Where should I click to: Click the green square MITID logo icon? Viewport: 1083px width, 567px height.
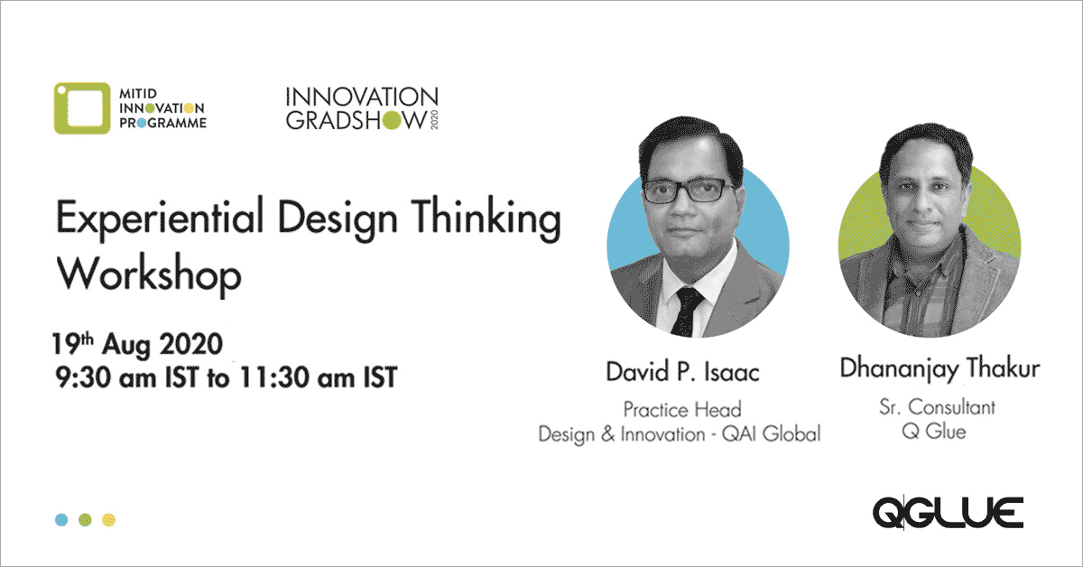(x=82, y=107)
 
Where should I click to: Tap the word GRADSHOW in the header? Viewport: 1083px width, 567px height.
(x=356, y=120)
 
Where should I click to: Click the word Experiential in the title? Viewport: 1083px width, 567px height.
(x=160, y=218)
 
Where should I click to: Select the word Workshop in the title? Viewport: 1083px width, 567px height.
(x=149, y=274)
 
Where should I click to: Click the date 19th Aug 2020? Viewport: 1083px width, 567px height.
(x=138, y=343)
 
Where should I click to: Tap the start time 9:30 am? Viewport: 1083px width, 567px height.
(x=106, y=376)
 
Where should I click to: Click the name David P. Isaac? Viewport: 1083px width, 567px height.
(x=682, y=372)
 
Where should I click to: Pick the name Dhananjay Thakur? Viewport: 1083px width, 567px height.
(x=940, y=368)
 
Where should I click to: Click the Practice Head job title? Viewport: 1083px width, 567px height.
(x=682, y=410)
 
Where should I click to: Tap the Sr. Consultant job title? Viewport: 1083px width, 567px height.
(x=937, y=407)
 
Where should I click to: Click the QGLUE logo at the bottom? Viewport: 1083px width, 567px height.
(x=948, y=512)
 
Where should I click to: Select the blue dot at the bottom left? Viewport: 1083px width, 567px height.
(x=61, y=519)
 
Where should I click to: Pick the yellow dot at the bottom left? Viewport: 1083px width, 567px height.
(x=109, y=519)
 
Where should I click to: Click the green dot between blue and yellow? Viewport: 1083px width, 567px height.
(x=85, y=519)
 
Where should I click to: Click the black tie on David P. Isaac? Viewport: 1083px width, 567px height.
(x=687, y=311)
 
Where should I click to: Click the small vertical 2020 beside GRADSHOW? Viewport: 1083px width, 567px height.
(x=434, y=120)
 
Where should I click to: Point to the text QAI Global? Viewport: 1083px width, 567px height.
(x=771, y=434)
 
